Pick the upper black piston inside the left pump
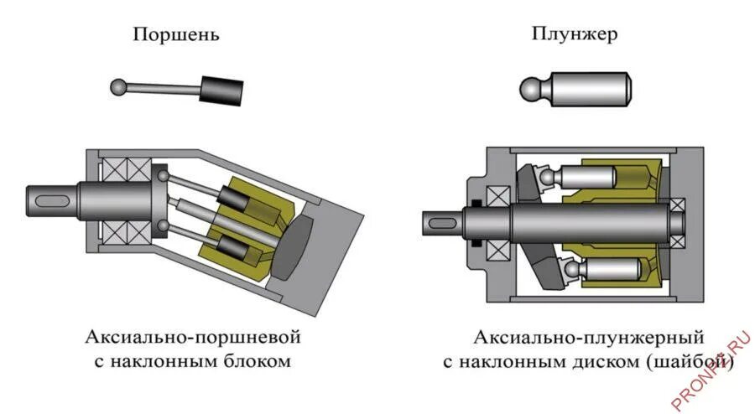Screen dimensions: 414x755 232,197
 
